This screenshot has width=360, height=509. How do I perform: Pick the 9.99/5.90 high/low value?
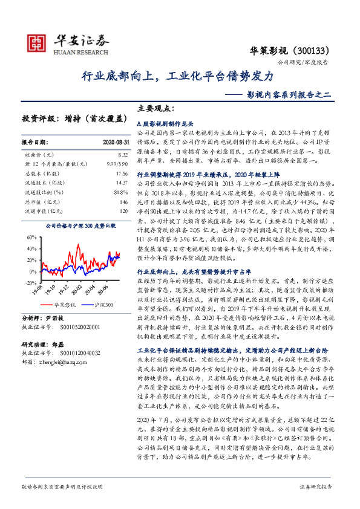(x=116, y=164)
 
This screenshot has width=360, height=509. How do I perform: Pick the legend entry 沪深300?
(x=104, y=306)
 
